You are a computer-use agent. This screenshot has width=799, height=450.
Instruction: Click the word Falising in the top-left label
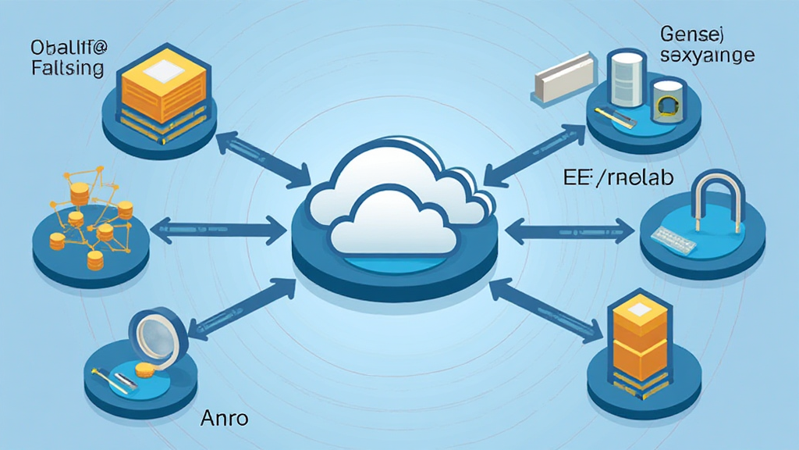(69, 68)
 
